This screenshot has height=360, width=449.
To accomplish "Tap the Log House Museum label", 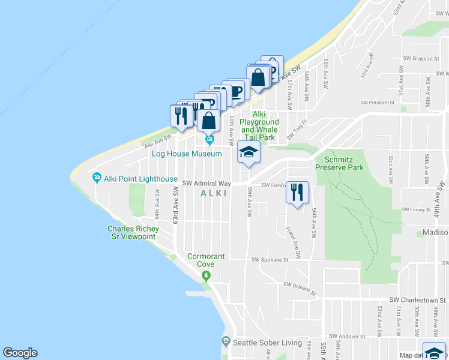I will (187, 154).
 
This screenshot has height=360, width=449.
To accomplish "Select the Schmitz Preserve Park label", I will (344, 164).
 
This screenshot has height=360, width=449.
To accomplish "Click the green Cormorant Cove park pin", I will (206, 275).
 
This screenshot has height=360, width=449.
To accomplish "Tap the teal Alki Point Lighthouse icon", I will (97, 178).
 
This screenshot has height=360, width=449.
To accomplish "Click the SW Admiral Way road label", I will (207, 183).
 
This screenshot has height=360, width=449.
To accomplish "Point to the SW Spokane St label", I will (270, 260).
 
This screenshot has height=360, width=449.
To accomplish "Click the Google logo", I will (20, 353).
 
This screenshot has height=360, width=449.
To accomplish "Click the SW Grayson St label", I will (419, 59).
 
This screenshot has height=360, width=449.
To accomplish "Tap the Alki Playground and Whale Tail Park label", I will (259, 126).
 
